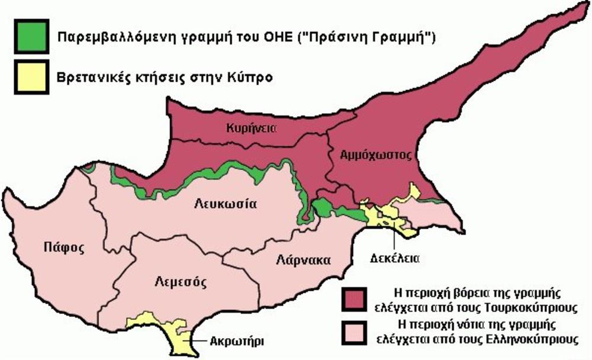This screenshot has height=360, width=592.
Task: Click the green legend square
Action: point(30,37)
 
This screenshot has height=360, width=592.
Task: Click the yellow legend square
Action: point(30,77)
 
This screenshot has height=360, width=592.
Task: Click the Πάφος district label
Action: point(60,247)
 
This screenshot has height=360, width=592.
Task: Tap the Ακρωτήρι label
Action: point(236,340)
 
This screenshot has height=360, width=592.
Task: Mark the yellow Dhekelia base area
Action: point(391,219)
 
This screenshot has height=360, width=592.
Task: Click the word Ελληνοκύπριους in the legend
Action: point(528,339)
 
